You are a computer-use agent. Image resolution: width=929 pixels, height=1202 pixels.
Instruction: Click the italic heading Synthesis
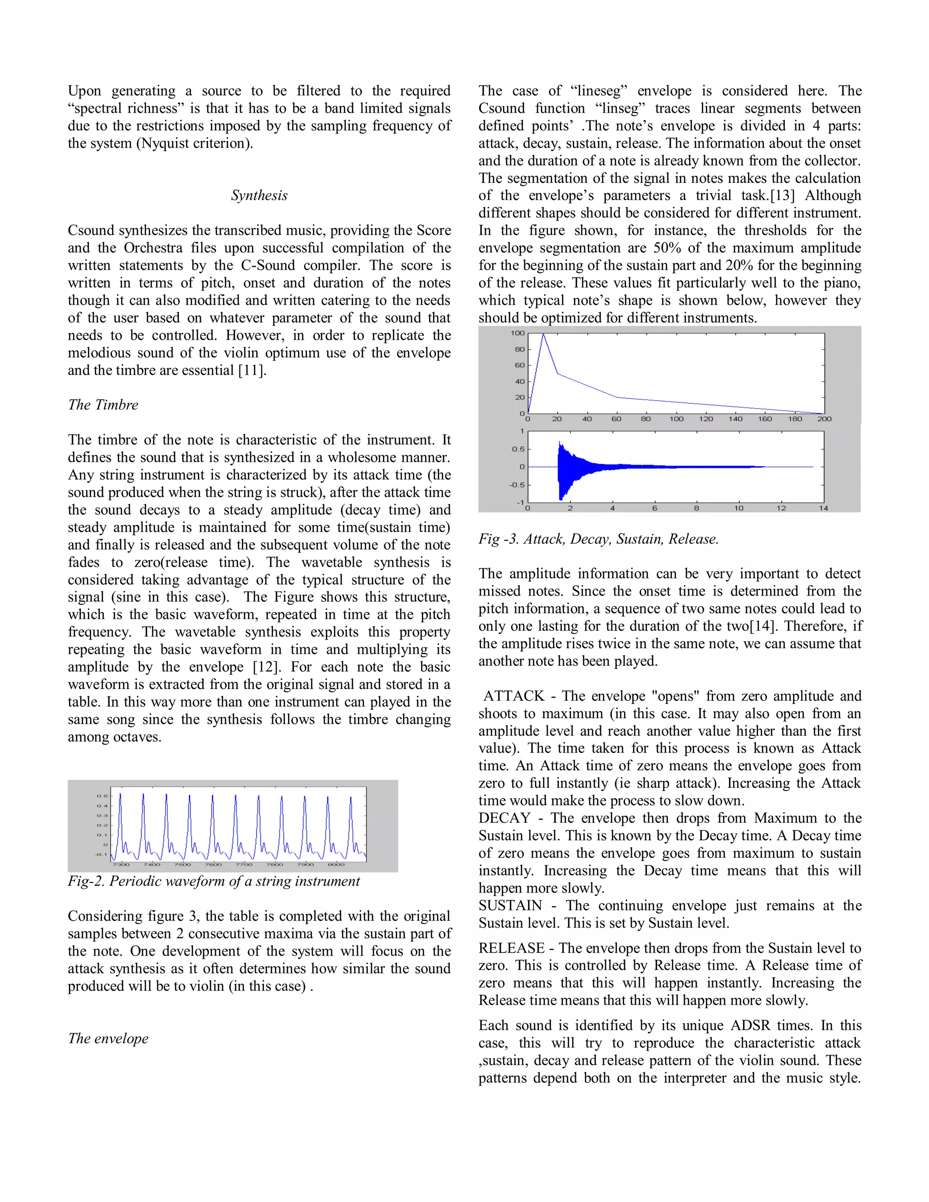pyautogui.click(x=259, y=195)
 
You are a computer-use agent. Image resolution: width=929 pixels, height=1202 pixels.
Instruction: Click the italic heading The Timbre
pyautogui.click(x=103, y=405)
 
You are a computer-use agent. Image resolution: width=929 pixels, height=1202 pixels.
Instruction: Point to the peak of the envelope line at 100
pyautogui.click(x=543, y=334)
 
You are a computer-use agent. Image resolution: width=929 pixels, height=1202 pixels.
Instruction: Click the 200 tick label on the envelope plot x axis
pyautogui.click(x=824, y=419)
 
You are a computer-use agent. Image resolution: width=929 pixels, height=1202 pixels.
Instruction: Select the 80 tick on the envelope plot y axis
pyautogui.click(x=519, y=349)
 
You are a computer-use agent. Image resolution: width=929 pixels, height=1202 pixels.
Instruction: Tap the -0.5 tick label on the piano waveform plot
pyautogui.click(x=517, y=485)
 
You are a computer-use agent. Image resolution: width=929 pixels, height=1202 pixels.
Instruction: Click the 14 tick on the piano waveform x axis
pyautogui.click(x=823, y=508)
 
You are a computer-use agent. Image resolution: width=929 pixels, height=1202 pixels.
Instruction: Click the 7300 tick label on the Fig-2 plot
pyautogui.click(x=121, y=865)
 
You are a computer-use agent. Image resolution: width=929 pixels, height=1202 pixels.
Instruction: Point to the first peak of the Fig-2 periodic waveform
pyautogui.click(x=120, y=794)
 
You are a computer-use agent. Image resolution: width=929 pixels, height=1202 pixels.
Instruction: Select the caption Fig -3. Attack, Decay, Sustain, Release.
pyautogui.click(x=598, y=539)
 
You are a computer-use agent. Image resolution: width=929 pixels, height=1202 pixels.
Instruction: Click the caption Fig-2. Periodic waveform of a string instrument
pyautogui.click(x=214, y=881)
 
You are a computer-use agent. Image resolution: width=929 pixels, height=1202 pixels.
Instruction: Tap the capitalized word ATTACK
pyautogui.click(x=513, y=696)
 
